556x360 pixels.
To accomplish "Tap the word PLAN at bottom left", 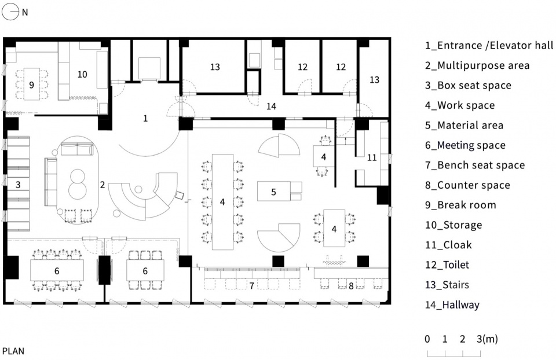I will [13, 351].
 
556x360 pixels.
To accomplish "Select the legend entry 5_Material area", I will [464, 125].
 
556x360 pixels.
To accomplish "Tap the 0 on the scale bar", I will [427, 339].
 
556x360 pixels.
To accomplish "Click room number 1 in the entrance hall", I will [145, 118].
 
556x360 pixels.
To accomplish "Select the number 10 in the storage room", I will [82, 74].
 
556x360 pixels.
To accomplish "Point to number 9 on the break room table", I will [31, 85].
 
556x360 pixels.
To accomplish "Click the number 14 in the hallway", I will [272, 105].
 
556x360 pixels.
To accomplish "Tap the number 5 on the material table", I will [274, 191].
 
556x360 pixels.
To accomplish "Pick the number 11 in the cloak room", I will [372, 157].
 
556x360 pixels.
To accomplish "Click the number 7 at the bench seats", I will [251, 285].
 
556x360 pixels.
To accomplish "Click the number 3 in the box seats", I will [19, 185].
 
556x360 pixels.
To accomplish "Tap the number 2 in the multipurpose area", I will [102, 185].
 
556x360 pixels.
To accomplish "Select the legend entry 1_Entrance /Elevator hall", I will [489, 45].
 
